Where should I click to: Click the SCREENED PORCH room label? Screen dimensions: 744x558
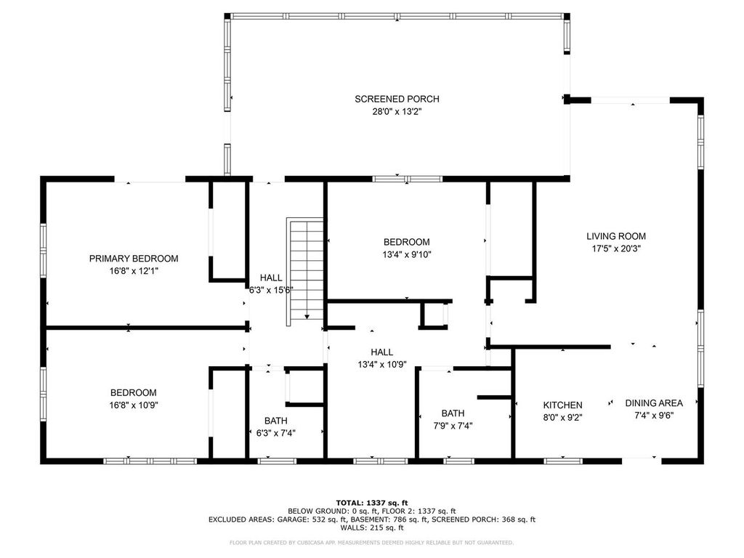click(x=397, y=99)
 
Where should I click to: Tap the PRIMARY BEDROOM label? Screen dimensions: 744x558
click(x=134, y=259)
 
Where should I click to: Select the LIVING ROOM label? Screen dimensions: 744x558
click(x=616, y=236)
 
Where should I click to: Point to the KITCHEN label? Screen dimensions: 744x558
click(x=563, y=405)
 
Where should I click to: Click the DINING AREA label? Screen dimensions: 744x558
click(x=654, y=403)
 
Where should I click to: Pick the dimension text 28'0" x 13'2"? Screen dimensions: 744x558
click(x=397, y=112)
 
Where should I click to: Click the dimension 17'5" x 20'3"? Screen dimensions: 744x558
click(x=616, y=248)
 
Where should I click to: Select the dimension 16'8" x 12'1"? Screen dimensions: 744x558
click(x=134, y=272)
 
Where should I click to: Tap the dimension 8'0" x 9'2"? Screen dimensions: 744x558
click(x=563, y=418)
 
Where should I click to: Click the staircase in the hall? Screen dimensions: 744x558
click(x=305, y=272)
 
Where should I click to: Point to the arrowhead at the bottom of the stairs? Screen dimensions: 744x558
click(x=307, y=317)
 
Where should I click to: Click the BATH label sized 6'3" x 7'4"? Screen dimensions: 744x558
click(x=275, y=421)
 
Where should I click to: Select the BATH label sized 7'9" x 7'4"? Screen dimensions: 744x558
click(x=453, y=413)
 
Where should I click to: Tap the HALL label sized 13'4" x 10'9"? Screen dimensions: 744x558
click(x=382, y=352)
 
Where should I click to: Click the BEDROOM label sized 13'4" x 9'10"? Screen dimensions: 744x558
click(x=407, y=242)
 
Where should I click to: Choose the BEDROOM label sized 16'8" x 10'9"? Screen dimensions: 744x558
click(x=134, y=393)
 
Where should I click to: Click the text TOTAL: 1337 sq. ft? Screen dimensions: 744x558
click(x=372, y=503)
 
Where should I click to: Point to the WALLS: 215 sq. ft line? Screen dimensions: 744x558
click(x=372, y=527)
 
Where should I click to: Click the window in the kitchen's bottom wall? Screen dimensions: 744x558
click(x=563, y=461)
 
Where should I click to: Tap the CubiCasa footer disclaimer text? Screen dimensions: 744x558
click(x=371, y=542)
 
